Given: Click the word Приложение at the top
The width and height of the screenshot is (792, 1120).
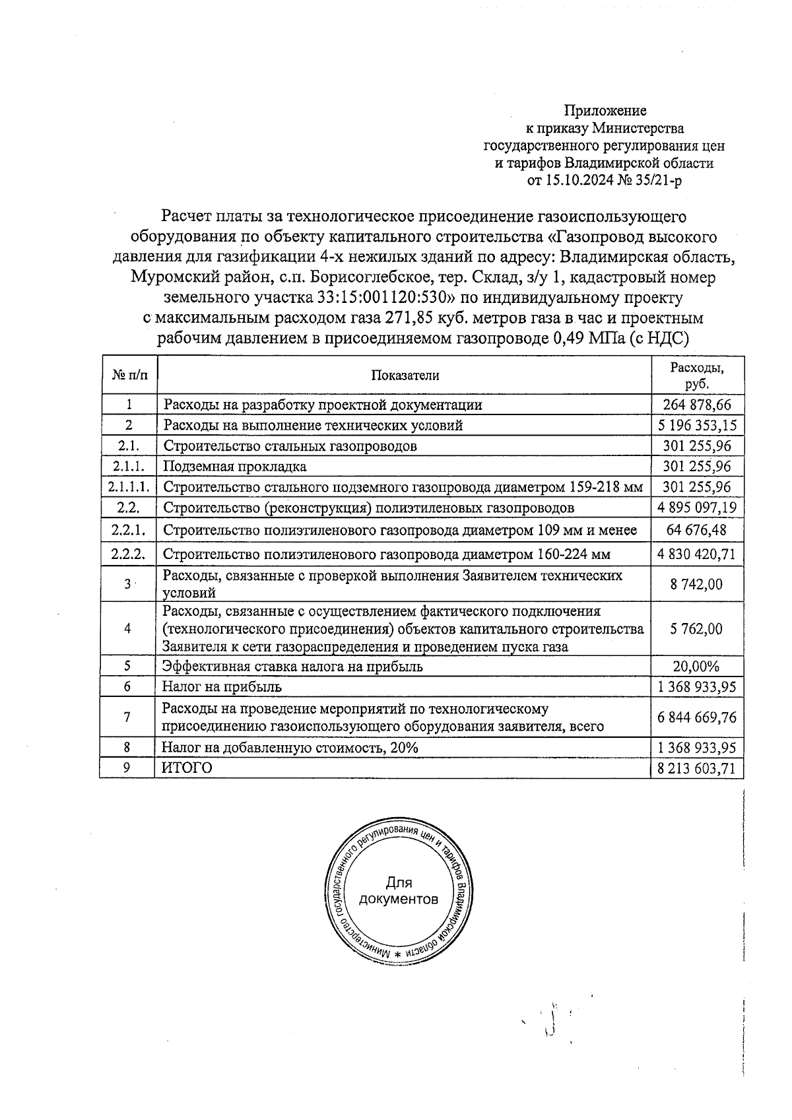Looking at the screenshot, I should (605, 110).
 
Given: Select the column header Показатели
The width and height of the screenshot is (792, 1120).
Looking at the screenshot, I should (405, 376).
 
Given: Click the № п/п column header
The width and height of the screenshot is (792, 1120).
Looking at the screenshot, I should (129, 376).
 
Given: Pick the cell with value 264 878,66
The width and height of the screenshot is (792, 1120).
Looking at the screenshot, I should (697, 405).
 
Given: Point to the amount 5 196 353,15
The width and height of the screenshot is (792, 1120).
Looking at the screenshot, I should (697, 425).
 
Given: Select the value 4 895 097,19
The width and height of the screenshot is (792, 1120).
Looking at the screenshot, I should (697, 508).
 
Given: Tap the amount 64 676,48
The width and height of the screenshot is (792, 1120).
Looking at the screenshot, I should (697, 530).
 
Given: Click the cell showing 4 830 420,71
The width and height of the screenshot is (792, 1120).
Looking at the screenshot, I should (697, 553).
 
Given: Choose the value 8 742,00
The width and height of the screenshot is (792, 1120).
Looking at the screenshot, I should (697, 584).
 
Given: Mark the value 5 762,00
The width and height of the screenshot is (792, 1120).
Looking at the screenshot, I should (697, 628).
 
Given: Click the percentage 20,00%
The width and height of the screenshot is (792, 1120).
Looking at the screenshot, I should (697, 666).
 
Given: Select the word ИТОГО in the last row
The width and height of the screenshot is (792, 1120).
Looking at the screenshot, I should (187, 768).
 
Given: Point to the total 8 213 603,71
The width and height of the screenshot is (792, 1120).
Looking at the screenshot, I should (697, 768).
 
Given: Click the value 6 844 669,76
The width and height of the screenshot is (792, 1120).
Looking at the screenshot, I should (697, 717).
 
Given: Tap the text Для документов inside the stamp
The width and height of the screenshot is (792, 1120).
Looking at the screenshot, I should (398, 891).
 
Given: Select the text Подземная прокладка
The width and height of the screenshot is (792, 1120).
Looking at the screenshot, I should (235, 467).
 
